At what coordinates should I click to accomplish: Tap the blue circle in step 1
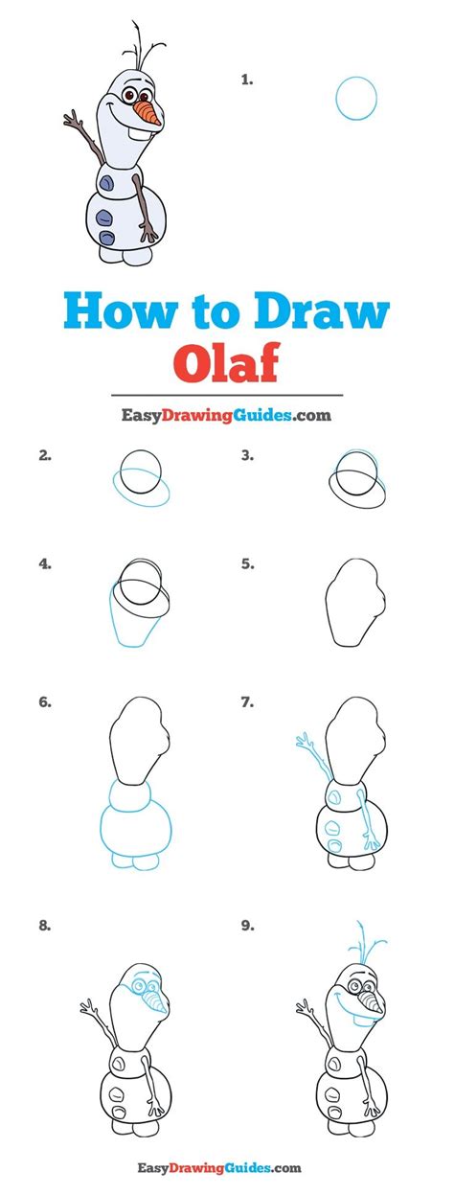(356, 98)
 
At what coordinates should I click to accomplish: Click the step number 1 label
(246, 80)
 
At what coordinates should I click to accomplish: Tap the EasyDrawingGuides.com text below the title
(226, 416)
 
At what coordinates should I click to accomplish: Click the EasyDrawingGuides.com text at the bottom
(226, 1167)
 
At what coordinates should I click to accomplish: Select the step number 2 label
(44, 456)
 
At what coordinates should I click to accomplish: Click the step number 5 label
(247, 564)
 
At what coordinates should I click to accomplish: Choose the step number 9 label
(247, 927)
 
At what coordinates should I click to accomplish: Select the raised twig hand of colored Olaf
(74, 121)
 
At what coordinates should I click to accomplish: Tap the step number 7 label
(247, 702)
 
